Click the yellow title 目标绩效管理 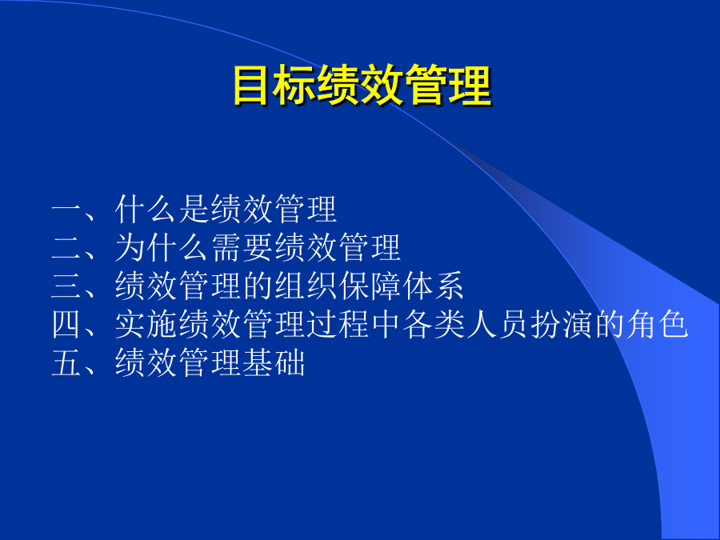(362, 86)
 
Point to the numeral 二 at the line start (67, 248)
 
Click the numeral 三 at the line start (67, 286)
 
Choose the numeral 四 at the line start (67, 324)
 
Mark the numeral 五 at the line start (67, 362)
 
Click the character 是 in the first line (194, 210)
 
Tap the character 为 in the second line (130, 247)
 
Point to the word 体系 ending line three (434, 286)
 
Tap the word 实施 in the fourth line (146, 324)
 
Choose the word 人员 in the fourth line (498, 324)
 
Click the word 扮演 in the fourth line (562, 324)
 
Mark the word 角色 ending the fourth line (658, 324)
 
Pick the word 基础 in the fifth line (274, 362)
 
